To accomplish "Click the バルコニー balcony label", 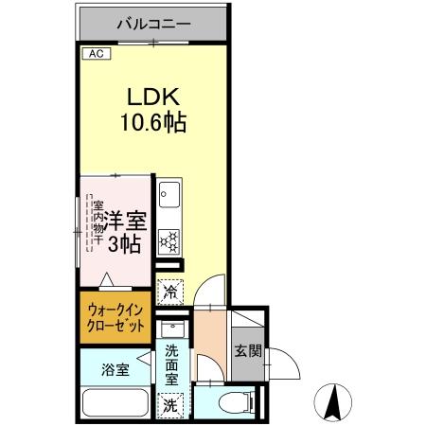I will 153,22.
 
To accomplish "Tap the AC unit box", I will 96,54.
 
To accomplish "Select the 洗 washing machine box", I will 170,403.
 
